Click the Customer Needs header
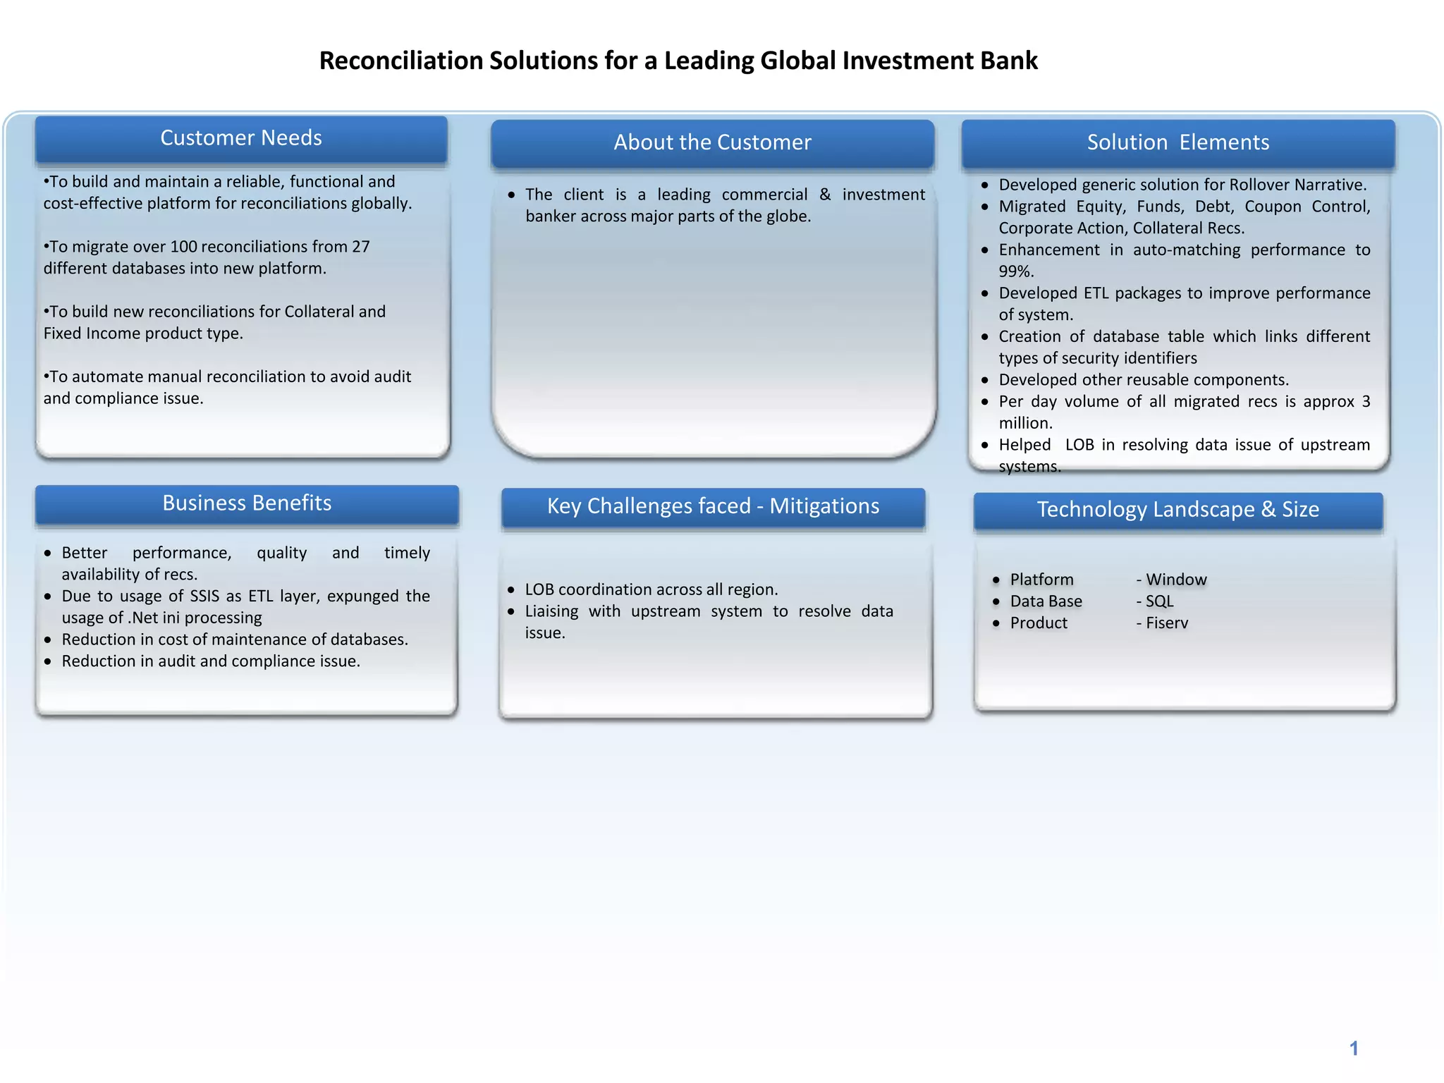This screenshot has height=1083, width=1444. click(x=241, y=138)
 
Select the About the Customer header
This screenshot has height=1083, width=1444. click(x=712, y=142)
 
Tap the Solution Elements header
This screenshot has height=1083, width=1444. click(x=1177, y=142)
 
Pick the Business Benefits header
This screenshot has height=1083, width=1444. click(x=247, y=503)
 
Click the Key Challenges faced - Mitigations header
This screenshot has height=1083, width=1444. click(x=713, y=506)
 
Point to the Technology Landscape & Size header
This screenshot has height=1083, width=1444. click(x=1177, y=510)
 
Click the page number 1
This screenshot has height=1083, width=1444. click(x=1353, y=1048)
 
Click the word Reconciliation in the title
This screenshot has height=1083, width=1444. click(x=401, y=61)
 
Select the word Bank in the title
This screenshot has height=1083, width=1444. click(x=1012, y=61)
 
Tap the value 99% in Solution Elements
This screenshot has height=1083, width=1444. click(x=1015, y=271)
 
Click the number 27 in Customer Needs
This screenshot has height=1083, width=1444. click(x=360, y=247)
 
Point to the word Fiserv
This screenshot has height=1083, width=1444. click(x=1167, y=623)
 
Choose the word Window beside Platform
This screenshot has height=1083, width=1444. click(x=1176, y=580)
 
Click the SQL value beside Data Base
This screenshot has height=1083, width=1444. click(x=1159, y=601)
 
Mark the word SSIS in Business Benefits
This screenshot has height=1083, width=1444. click(x=204, y=596)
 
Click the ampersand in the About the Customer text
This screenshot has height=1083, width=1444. click(x=825, y=195)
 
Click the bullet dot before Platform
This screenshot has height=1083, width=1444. click(x=996, y=580)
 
